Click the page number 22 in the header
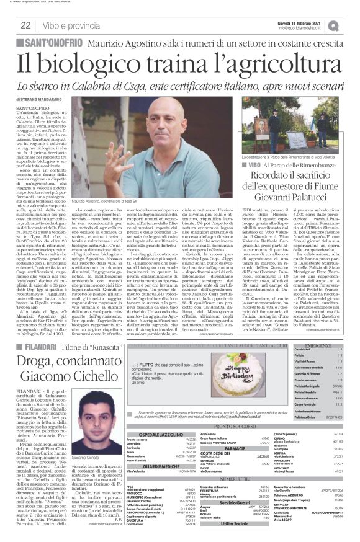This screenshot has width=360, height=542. coord(25,25)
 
